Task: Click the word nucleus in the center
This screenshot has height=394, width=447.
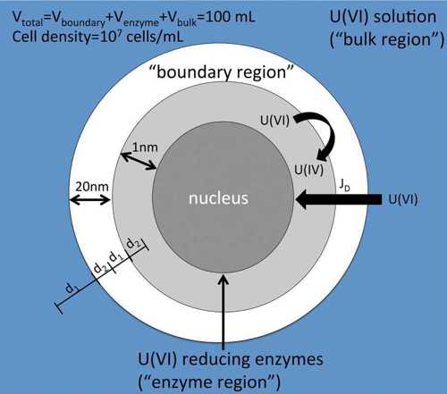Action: coord(218,198)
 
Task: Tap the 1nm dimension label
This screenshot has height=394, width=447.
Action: coord(145,147)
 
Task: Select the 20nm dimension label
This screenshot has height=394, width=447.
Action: coord(92,187)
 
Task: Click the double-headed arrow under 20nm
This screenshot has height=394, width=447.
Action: coord(90,200)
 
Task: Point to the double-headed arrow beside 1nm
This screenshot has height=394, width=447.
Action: coord(139,161)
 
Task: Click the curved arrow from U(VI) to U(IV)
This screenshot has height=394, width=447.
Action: coord(326,131)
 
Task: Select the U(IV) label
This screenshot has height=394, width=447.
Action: coord(308,170)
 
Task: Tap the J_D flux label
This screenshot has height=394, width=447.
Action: coord(345,185)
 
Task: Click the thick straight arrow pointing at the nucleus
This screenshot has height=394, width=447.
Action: coord(339,199)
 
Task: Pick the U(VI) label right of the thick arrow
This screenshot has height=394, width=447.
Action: coord(403,199)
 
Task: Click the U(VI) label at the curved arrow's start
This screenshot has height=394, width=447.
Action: coord(274,121)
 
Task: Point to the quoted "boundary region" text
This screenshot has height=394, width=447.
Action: coord(221,72)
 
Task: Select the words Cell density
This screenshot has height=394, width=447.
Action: coord(50,37)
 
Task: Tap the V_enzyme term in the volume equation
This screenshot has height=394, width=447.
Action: coord(137,20)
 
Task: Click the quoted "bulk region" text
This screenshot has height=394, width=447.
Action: coord(387,39)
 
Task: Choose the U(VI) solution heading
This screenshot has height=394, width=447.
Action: coord(383,17)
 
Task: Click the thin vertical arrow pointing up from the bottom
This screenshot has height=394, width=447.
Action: coord(223,312)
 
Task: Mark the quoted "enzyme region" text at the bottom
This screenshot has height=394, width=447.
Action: coord(209,382)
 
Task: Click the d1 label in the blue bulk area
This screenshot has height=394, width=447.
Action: coord(71,289)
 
